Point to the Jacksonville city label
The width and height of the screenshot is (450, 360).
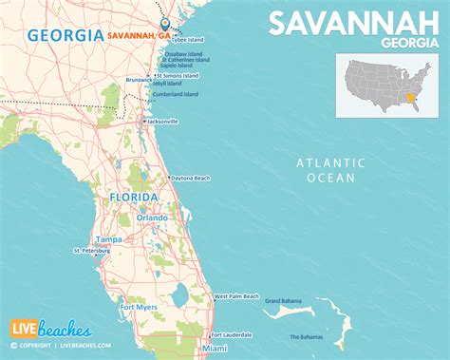(162, 122)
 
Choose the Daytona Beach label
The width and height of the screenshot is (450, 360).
(192, 179)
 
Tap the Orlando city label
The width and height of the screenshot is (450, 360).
(152, 218)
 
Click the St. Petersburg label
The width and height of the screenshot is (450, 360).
(91, 252)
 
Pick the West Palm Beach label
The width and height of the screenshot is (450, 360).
(236, 297)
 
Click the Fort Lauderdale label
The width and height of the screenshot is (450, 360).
(233, 335)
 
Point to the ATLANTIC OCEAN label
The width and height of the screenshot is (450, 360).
(330, 170)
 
